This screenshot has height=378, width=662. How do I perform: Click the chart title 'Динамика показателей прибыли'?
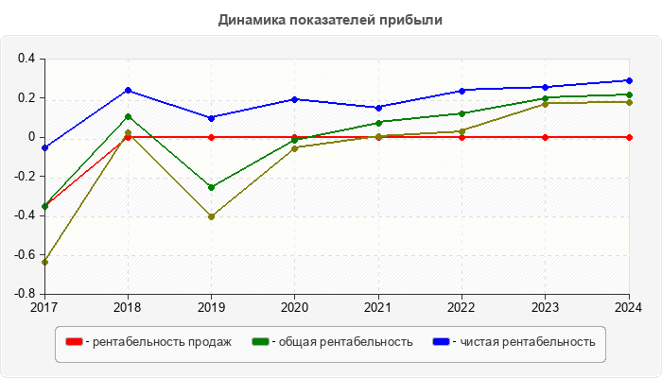(330, 20)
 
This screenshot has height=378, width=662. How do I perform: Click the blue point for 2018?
(128, 91)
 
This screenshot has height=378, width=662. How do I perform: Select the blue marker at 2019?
(211, 118)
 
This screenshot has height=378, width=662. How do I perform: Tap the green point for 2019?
(211, 187)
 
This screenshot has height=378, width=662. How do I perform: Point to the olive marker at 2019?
(211, 216)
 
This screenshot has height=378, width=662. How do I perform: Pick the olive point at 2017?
(44, 262)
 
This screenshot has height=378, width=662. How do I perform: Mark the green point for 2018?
(128, 117)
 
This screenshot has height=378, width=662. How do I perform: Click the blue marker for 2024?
(629, 80)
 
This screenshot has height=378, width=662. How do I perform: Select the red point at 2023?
(546, 137)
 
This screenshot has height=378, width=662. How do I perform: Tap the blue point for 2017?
(44, 147)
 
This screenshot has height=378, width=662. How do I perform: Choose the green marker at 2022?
(462, 113)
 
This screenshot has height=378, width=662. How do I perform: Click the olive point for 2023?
(546, 104)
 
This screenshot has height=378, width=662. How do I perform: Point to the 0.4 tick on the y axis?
(26, 59)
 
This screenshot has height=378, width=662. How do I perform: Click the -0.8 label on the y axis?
(24, 294)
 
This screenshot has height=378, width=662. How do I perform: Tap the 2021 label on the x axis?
(378, 307)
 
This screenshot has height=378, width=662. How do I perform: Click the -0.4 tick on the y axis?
(24, 215)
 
